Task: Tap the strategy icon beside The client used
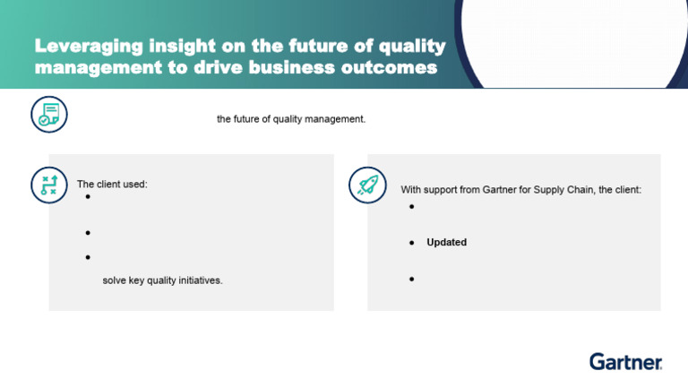point(48,185)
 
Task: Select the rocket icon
point(367,185)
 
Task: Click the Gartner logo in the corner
point(625,361)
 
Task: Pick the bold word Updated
point(446,242)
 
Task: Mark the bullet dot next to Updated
point(411,243)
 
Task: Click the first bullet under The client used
point(89,197)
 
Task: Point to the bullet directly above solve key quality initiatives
point(89,257)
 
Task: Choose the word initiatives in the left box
point(199,280)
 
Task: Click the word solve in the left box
point(114,280)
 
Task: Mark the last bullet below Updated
point(411,279)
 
